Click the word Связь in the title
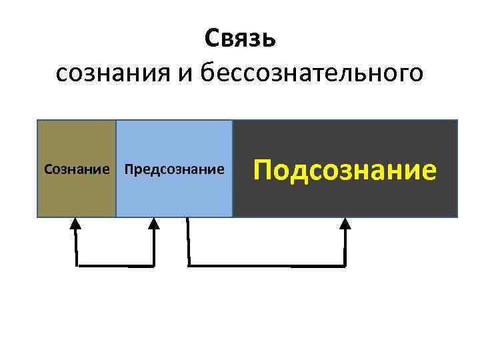(x=239, y=39)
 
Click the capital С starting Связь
(x=211, y=39)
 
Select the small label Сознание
(x=76, y=169)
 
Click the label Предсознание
(x=174, y=169)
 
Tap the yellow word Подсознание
(x=345, y=170)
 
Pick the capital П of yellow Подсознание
(x=263, y=170)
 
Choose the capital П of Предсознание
(x=129, y=169)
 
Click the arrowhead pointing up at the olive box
(x=76, y=224)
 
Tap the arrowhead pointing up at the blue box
(x=154, y=224)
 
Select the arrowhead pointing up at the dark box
(x=345, y=224)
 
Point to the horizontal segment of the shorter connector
(x=115, y=265)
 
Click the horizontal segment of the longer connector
(x=267, y=265)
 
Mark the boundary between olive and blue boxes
(x=116, y=169)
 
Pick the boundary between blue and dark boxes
(x=233, y=169)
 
